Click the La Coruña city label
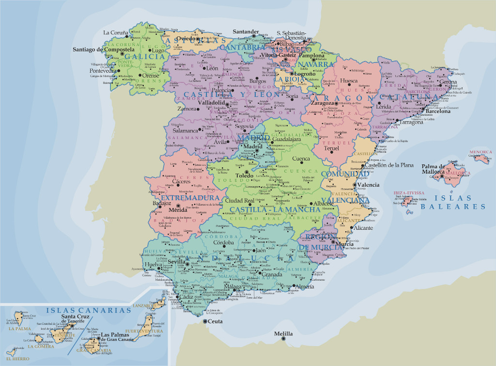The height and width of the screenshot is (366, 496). [x=114, y=33]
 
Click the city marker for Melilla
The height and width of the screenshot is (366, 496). [x=283, y=338]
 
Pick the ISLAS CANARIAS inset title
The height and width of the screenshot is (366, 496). [x=89, y=310]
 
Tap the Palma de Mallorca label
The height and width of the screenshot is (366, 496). [x=433, y=169]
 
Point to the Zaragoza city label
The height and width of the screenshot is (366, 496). [x=322, y=103]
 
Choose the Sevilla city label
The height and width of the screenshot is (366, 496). [x=177, y=261]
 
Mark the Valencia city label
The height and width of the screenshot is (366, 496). [x=369, y=185]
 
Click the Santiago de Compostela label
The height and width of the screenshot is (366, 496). [x=104, y=49]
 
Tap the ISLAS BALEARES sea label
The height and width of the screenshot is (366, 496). [x=452, y=202]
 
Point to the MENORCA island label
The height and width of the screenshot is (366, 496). [x=480, y=152]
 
